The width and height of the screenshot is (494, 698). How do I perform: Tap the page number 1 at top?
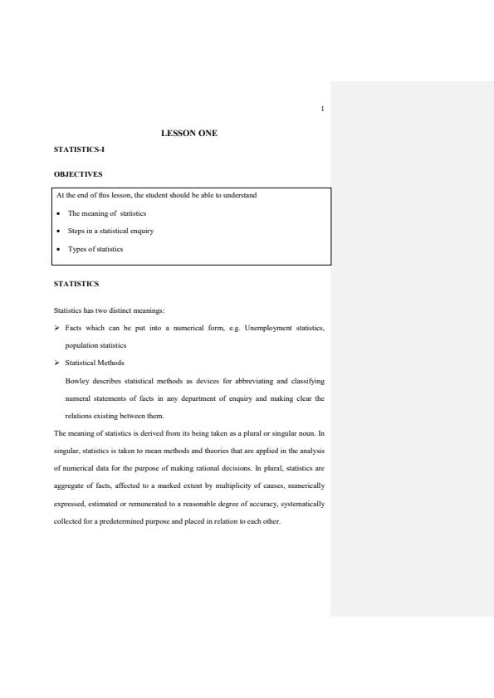(x=321, y=109)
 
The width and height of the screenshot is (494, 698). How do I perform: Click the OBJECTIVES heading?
(x=79, y=174)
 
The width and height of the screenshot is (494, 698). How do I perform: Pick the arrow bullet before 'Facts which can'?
(x=56, y=329)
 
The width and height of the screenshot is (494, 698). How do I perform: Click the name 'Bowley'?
(x=76, y=381)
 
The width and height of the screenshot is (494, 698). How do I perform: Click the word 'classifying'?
(x=306, y=381)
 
